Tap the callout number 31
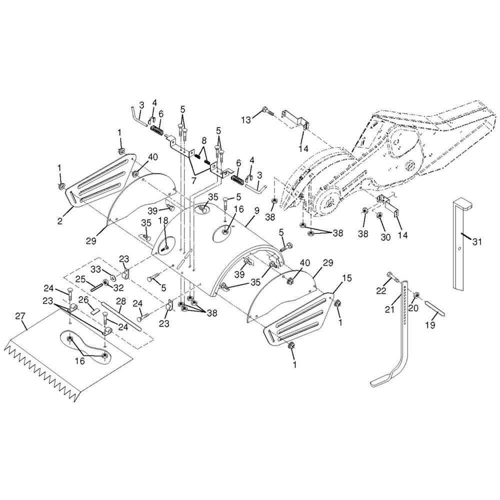477,242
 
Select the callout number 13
246,120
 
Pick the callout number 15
347,278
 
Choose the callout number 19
430,325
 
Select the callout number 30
386,237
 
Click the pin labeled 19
434,309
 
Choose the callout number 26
83,300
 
